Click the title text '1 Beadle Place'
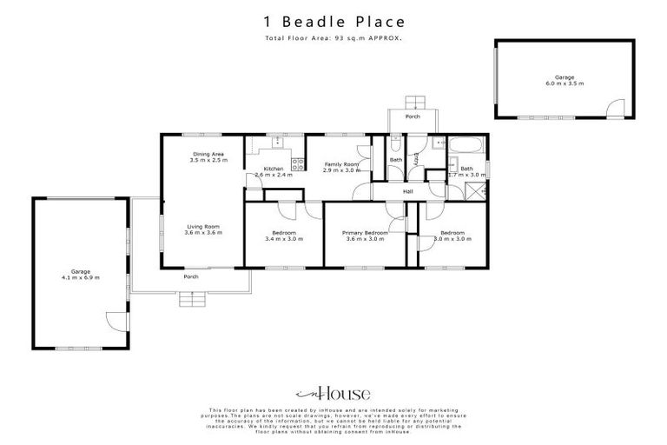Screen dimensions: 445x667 (333, 21)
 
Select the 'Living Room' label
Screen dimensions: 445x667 (203, 229)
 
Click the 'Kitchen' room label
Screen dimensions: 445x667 (274, 169)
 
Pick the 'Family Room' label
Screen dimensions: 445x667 (341, 164)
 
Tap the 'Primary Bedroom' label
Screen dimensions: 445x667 (365, 233)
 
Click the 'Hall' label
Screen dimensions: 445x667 (407, 191)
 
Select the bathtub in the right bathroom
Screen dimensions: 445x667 (462, 145)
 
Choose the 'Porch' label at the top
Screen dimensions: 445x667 (413, 116)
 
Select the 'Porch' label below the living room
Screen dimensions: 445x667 (190, 277)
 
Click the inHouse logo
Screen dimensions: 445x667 (333, 392)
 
